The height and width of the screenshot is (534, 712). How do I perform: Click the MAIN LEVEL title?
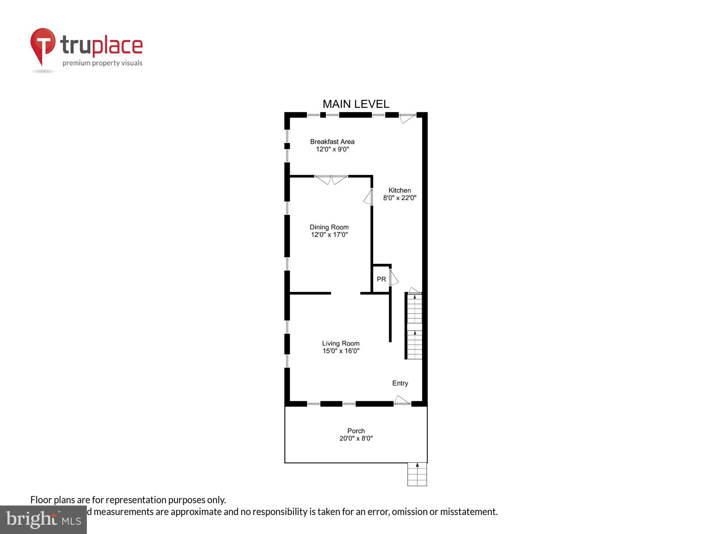coord(356,104)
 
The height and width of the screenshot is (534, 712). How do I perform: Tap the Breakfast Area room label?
coord(332,142)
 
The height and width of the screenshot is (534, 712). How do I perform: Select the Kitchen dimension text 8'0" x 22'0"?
coord(399,198)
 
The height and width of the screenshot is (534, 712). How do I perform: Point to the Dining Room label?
coord(329,227)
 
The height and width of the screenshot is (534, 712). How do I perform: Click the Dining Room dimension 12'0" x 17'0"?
coord(329,235)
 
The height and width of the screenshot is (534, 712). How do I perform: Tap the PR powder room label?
coord(381,279)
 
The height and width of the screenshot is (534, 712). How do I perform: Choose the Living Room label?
coord(341,344)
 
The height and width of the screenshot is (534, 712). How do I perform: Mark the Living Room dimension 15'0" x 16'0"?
coord(341,351)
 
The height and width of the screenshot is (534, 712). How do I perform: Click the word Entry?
coord(400,383)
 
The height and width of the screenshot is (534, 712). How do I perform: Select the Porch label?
coord(356,431)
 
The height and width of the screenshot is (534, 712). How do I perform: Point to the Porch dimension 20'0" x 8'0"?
coord(356,438)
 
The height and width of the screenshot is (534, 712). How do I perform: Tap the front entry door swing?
coord(402,400)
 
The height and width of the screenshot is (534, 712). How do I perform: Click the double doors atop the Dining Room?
coord(331,179)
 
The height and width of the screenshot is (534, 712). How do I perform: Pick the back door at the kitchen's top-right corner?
coord(407,118)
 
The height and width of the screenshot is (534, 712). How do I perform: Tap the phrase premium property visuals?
coord(103,63)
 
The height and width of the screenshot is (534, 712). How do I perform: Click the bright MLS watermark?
coord(43,520)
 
